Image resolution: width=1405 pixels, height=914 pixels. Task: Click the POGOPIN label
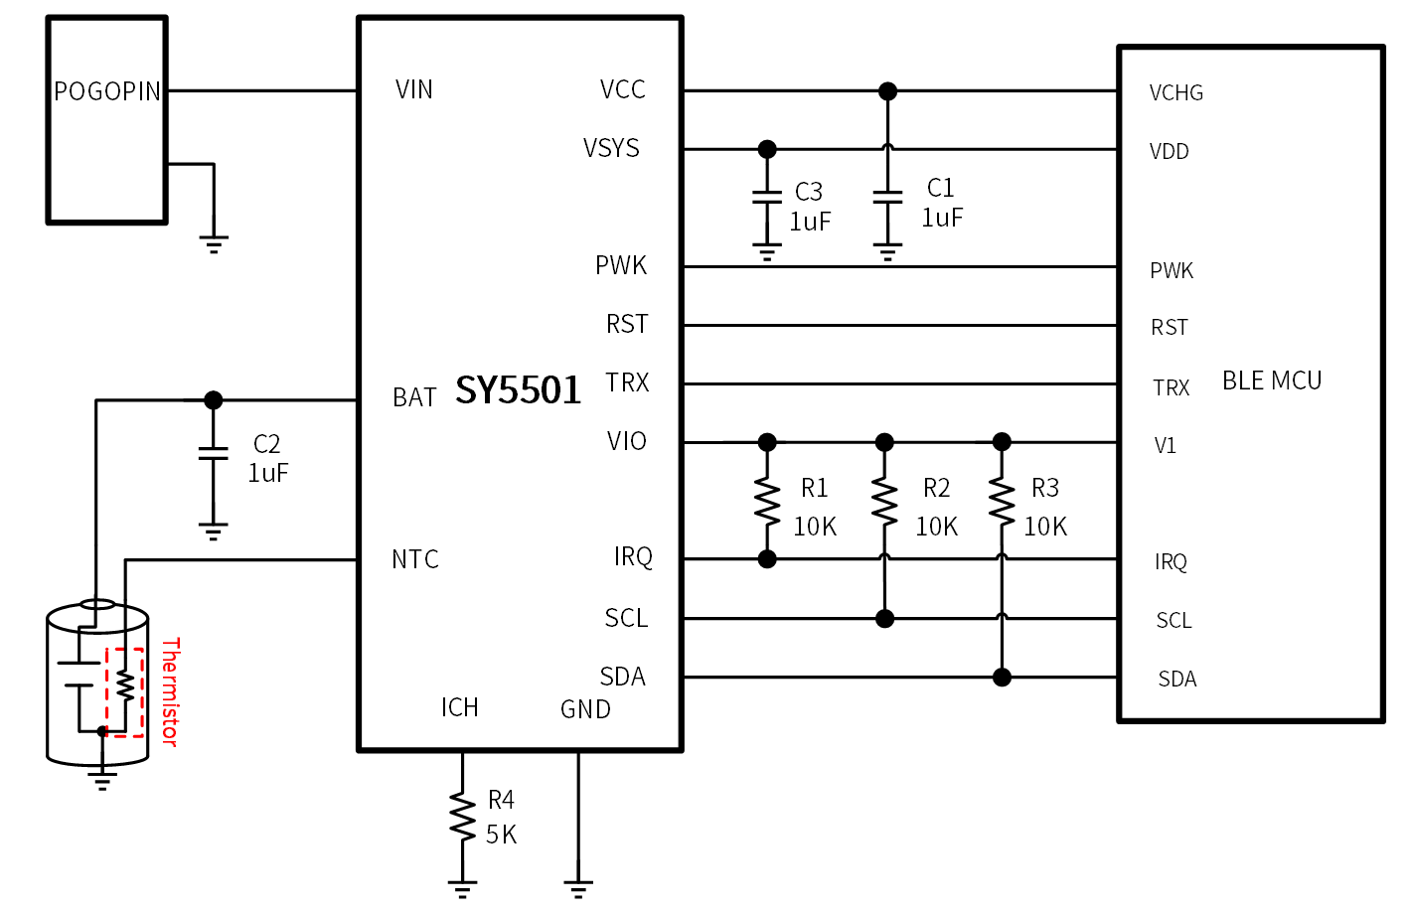click(107, 91)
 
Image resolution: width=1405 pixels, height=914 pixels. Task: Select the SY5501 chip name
click(518, 389)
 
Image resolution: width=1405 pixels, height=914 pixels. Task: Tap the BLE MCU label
click(1272, 381)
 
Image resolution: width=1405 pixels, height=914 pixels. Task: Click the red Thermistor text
click(171, 691)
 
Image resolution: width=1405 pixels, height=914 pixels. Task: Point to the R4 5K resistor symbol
click(462, 816)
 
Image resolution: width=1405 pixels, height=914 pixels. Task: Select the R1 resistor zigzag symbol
click(767, 501)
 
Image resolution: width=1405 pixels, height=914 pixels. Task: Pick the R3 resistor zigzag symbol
click(1002, 501)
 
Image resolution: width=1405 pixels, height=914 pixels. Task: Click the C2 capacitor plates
click(214, 454)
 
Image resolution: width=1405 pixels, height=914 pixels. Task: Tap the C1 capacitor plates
click(887, 198)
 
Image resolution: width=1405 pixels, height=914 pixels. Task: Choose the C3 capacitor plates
click(767, 198)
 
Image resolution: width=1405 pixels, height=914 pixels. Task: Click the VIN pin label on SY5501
click(414, 89)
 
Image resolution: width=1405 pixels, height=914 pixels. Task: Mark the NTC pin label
click(415, 559)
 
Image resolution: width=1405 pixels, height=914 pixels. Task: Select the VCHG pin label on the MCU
click(1176, 92)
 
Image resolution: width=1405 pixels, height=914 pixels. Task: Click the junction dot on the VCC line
click(887, 91)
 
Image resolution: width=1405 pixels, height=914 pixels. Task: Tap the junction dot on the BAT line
click(214, 399)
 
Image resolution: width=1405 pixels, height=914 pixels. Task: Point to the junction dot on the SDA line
click(1002, 678)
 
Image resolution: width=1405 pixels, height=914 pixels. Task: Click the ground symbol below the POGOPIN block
click(214, 244)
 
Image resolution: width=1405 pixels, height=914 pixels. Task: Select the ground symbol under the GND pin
click(578, 889)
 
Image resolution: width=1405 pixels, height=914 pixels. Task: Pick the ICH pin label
click(460, 707)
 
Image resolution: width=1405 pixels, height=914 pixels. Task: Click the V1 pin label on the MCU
click(1165, 445)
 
